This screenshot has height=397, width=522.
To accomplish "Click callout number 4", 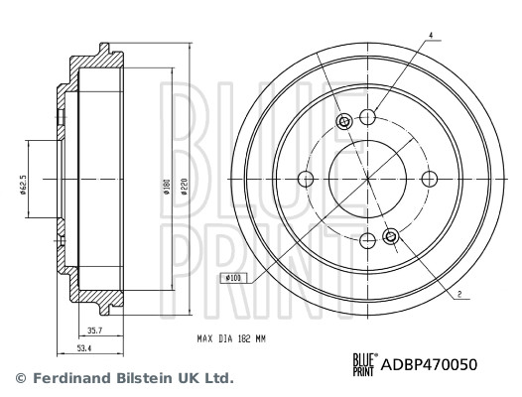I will (431, 37).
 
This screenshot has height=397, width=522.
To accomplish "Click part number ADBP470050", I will (430, 364).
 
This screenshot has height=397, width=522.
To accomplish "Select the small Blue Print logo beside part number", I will (365, 364).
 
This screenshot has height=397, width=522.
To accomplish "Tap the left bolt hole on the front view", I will (306, 179).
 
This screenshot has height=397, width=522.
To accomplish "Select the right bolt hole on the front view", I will (429, 179).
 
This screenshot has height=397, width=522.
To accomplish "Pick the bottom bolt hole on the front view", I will (367, 240).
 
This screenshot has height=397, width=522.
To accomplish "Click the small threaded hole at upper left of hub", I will (344, 122).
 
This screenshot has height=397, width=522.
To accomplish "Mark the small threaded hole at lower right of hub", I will (390, 236).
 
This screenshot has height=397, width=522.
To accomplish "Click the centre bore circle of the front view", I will (367, 179).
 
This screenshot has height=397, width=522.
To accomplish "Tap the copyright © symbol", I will (18, 378).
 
